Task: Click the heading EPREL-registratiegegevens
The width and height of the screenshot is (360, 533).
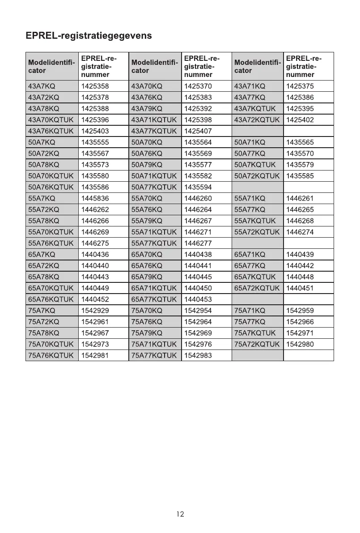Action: coord(89,36)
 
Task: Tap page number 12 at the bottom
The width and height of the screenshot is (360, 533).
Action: coord(180,514)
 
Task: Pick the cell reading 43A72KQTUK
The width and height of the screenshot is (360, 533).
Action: coord(257,120)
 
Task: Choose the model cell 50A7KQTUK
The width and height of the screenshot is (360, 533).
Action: coord(258,165)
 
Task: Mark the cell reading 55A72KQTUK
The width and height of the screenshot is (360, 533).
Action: coord(257,232)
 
